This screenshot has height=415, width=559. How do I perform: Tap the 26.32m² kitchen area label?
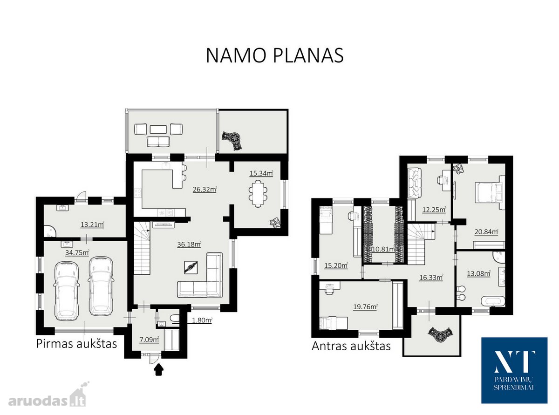pyautogui.click(x=205, y=189)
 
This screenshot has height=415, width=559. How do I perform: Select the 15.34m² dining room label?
pyautogui.click(x=261, y=173)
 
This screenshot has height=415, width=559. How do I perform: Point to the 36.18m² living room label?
pyautogui.click(x=189, y=244)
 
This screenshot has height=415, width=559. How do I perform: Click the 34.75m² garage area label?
pyautogui.click(x=77, y=252)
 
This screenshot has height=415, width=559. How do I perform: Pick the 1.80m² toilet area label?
pyautogui.click(x=202, y=320)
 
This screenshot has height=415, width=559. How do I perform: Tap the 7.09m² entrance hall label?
pyautogui.click(x=149, y=340)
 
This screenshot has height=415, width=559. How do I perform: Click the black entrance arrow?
pyautogui.click(x=158, y=370)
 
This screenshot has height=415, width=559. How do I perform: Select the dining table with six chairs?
pyautogui.click(x=258, y=193)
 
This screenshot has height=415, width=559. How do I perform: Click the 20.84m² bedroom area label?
pyautogui.click(x=486, y=231)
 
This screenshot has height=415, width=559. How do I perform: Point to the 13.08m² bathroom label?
pyautogui.click(x=478, y=273)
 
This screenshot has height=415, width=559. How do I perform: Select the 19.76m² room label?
pyautogui.click(x=365, y=306)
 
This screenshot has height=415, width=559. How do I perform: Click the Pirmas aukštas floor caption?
pyautogui.click(x=76, y=344)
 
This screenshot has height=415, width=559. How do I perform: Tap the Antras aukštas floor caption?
pyautogui.click(x=351, y=346)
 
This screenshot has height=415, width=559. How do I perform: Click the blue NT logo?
pyautogui.click(x=514, y=370)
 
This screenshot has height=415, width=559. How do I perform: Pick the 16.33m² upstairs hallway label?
pyautogui.click(x=431, y=278)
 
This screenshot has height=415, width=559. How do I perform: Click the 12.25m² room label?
pyautogui.click(x=434, y=210)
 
